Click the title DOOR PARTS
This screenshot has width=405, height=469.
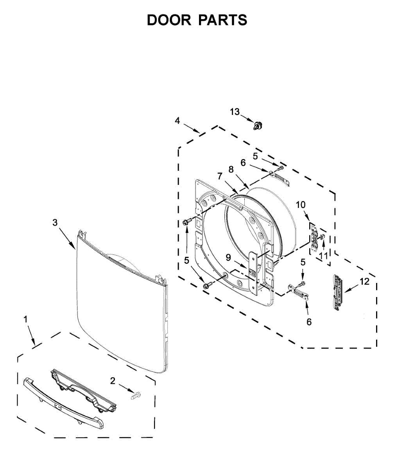click(x=197, y=20)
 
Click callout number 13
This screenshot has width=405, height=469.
click(x=235, y=112)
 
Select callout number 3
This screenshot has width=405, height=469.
click(x=55, y=222)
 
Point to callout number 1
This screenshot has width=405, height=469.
click(x=26, y=319)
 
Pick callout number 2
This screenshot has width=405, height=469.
click(x=113, y=380)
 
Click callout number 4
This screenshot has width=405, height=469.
click(x=177, y=121)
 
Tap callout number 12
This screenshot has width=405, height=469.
click(x=364, y=281)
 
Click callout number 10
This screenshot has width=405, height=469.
click(x=300, y=204)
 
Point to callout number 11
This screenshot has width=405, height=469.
click(x=323, y=256)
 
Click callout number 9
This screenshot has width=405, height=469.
click(x=228, y=257)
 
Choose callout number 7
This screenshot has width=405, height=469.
click(x=220, y=176)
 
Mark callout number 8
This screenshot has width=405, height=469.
click(x=231, y=169)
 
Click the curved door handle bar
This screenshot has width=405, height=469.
click(x=63, y=402)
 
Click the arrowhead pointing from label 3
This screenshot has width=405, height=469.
click(x=74, y=247)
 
